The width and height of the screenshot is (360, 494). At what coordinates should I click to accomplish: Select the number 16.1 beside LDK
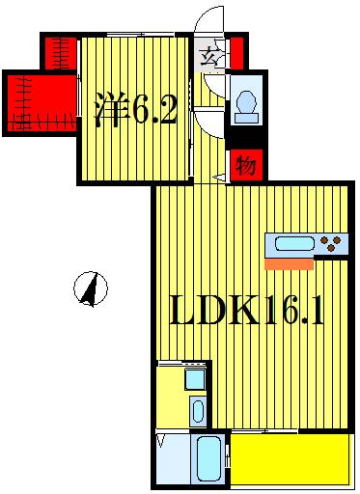(293, 312)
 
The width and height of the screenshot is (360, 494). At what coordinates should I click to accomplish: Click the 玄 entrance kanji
(208, 55)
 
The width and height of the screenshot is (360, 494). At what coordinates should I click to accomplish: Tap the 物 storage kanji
(246, 165)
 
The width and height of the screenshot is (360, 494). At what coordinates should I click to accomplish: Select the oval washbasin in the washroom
(197, 411)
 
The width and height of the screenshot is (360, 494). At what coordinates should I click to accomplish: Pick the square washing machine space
(195, 378)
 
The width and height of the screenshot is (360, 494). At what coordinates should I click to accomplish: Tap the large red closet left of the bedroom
(39, 102)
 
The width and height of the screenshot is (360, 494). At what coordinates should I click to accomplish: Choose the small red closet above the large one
(60, 52)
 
